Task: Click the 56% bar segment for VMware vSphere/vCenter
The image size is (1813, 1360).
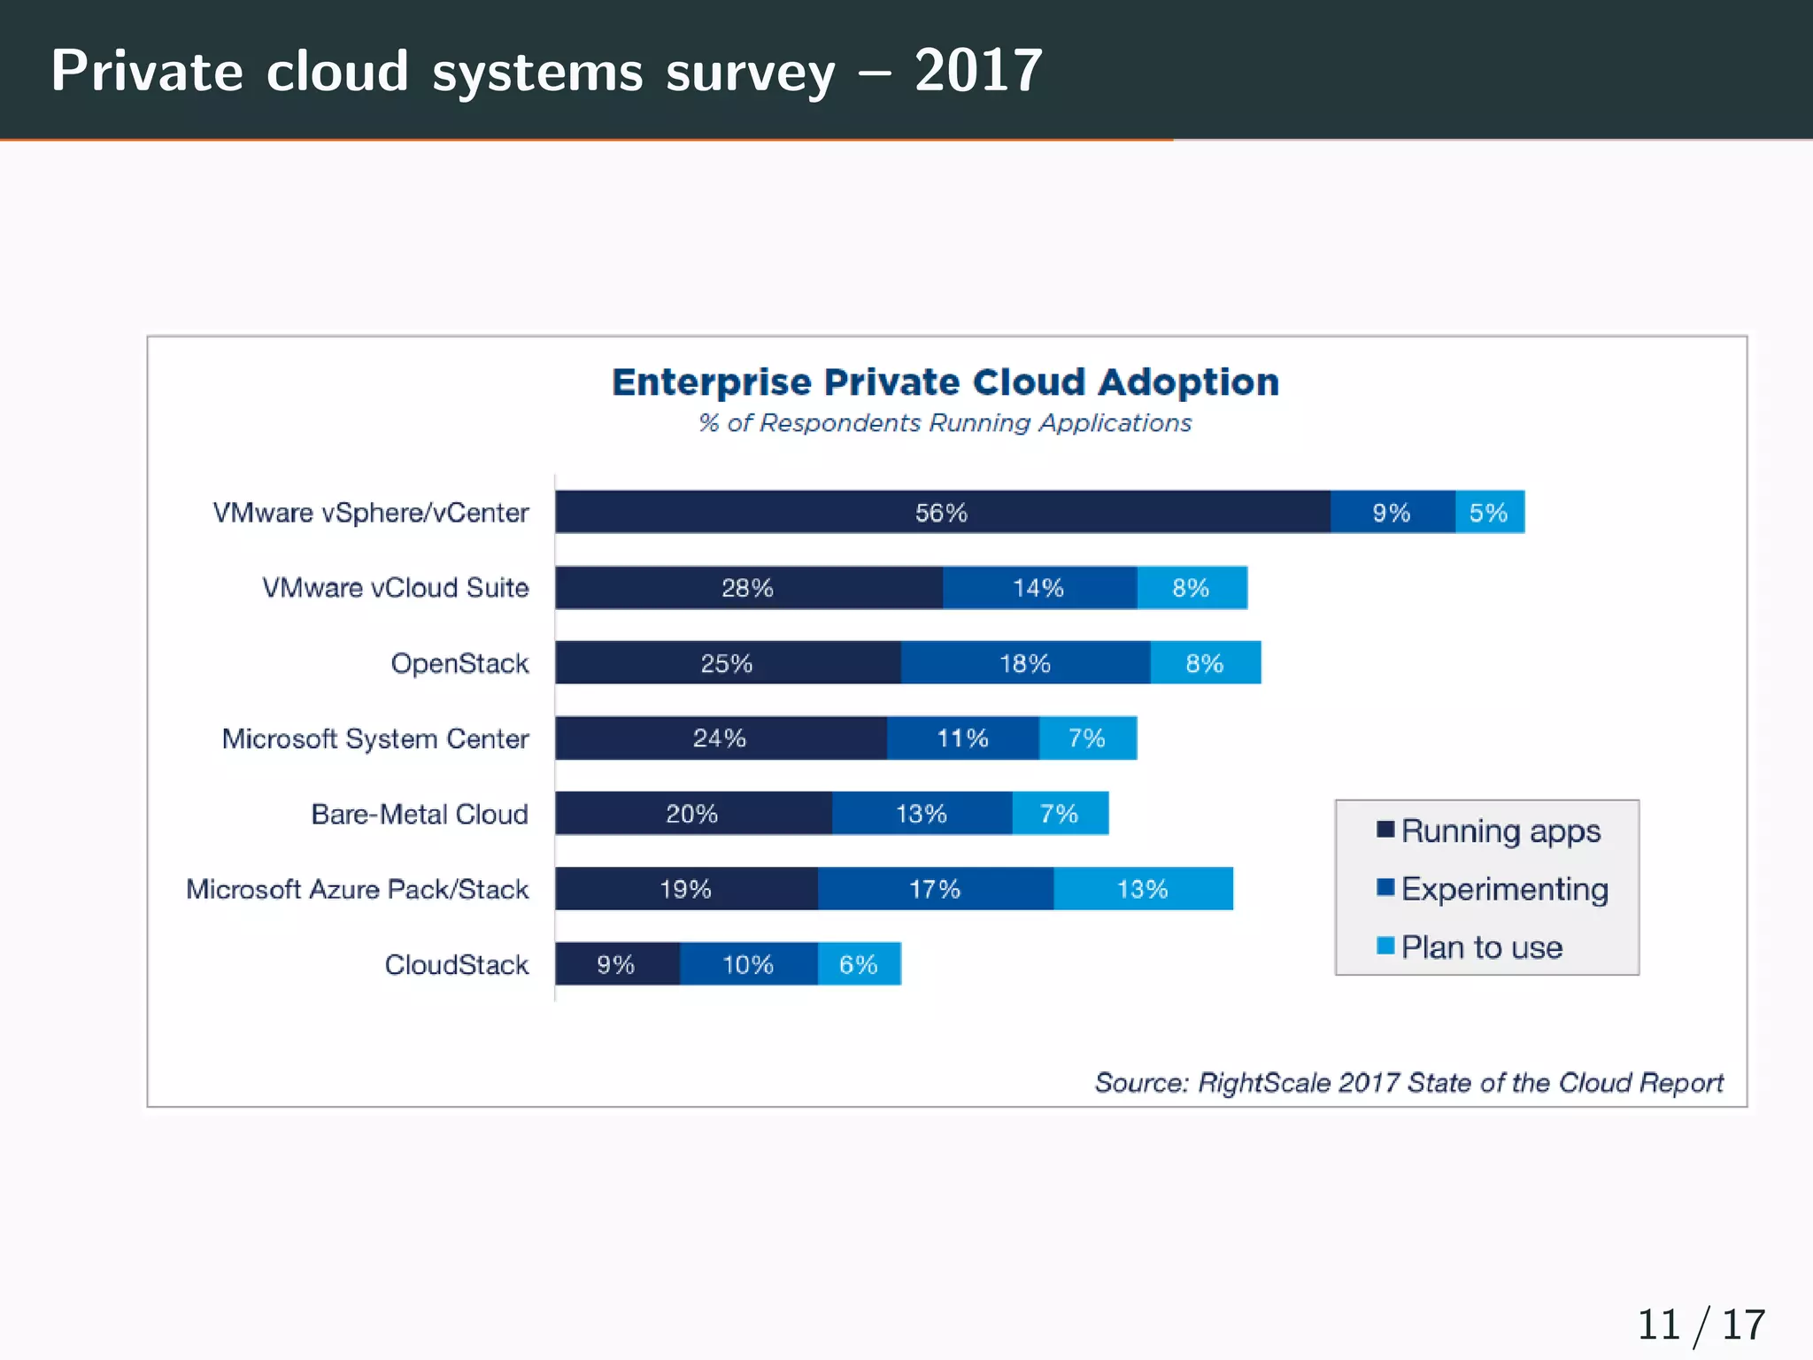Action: tap(942, 512)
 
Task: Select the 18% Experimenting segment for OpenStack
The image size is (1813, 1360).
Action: tap(1025, 663)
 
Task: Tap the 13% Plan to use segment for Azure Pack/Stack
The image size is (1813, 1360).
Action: tap(1143, 889)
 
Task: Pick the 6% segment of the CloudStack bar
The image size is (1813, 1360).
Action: tap(859, 964)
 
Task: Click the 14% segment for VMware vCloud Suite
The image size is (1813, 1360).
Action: tap(1039, 588)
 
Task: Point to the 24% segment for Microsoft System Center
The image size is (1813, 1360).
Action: tap(720, 738)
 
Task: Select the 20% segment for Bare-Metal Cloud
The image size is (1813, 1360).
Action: tap(692, 814)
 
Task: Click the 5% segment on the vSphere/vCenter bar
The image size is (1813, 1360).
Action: tap(1489, 512)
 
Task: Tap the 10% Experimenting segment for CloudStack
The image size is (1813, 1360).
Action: tap(748, 964)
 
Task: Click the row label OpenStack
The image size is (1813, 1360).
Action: tap(459, 663)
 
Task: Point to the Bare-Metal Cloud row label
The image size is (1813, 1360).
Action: tap(420, 814)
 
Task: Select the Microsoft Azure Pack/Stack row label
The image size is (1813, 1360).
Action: tap(357, 889)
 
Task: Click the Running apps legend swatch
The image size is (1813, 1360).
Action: tap(1385, 830)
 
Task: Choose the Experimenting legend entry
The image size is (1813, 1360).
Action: tap(1504, 889)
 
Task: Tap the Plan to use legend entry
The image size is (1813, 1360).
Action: tap(1481, 947)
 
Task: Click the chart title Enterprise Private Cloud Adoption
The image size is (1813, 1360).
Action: tap(945, 382)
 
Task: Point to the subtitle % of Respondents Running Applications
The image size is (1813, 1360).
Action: tap(945, 423)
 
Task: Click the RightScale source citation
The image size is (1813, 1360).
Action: tap(1408, 1082)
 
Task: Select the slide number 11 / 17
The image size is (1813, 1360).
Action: tap(1701, 1325)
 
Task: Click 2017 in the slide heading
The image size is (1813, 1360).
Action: tap(978, 71)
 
